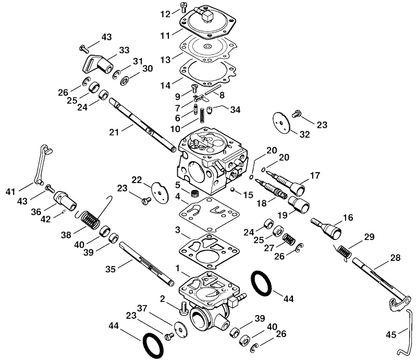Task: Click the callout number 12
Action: pos(165,14)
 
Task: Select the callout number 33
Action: pos(124,50)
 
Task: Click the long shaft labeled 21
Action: pos(142,125)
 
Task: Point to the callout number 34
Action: pos(235,110)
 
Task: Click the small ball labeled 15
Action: pos(232,189)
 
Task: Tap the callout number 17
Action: pos(315,175)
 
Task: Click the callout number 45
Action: pos(391,334)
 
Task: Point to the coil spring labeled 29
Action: pos(342,253)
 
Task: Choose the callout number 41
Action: pos(10,191)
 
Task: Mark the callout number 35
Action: pos(111,269)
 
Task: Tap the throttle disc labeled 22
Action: pos(160,193)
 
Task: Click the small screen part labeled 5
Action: pos(195,194)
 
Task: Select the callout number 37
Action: pos(142,308)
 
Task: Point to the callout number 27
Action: pos(269,248)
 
